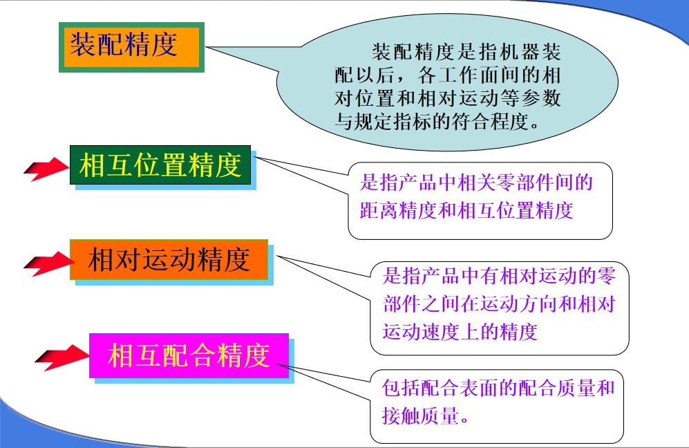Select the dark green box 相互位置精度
[x=160, y=166]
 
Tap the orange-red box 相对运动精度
[x=169, y=260]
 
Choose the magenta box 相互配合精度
[x=188, y=355]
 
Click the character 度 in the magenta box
[x=256, y=355]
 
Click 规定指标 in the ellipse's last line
[x=388, y=124]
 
